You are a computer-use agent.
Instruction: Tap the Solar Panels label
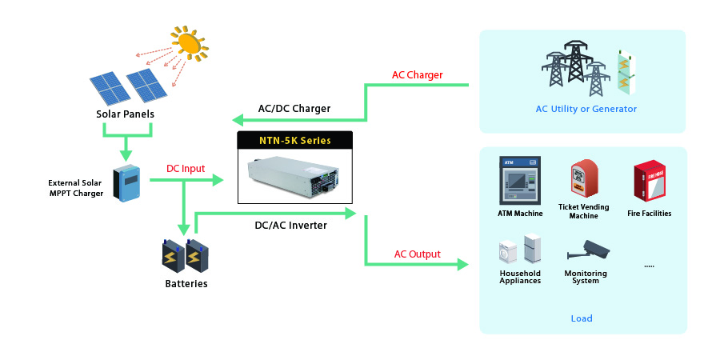pos(125,114)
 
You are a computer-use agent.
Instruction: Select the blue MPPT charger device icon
pos(126,183)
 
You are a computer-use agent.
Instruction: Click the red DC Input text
pos(186,169)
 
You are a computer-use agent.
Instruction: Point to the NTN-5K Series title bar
pos(295,141)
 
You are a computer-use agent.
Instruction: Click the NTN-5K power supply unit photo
pos(295,174)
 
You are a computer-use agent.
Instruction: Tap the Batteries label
pos(186,284)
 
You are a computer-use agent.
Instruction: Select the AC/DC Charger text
pos(294,109)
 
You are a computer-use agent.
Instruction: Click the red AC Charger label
pos(417,75)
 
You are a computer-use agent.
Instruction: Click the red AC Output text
pos(417,254)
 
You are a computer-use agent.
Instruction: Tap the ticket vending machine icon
pos(583,180)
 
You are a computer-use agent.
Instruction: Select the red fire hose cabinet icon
pos(650,182)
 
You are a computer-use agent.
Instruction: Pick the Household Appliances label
pos(520,277)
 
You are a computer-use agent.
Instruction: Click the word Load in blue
pos(582,318)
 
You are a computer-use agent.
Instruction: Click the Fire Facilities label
pos(649,214)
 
